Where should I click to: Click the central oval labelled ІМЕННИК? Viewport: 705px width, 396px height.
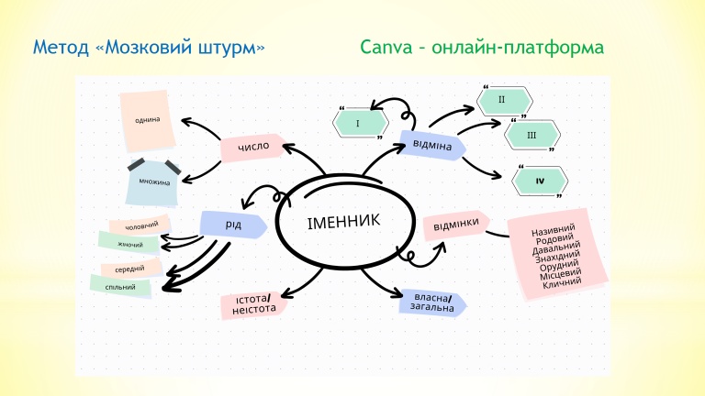click(341, 224)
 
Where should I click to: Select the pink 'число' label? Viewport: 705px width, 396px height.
click(252, 147)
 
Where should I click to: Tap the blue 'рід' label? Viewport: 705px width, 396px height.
click(232, 224)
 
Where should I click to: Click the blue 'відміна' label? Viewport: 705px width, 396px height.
click(431, 145)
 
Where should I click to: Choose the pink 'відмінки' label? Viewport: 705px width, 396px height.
click(456, 224)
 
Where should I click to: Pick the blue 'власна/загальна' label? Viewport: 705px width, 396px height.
click(432, 302)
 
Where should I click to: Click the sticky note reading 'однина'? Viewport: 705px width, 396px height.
click(147, 121)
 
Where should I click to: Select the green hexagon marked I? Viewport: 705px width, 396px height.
click(358, 122)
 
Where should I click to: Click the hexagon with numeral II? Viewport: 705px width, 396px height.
click(502, 99)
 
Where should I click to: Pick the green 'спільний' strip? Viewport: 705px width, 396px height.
click(120, 286)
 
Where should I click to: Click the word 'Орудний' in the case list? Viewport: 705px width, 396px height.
click(558, 264)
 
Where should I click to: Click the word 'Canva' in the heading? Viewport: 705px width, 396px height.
click(384, 46)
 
